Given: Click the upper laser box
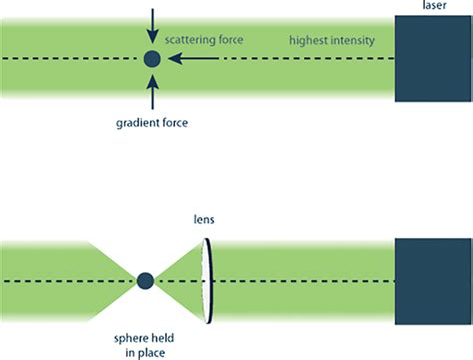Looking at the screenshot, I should (x=433, y=61).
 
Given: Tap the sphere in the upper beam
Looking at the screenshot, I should (x=152, y=60).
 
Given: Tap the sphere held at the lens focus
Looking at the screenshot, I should (x=145, y=281).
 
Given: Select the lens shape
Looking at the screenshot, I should (x=207, y=281).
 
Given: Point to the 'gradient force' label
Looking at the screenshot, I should (x=152, y=126).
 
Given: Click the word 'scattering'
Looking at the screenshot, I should (x=194, y=40).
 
